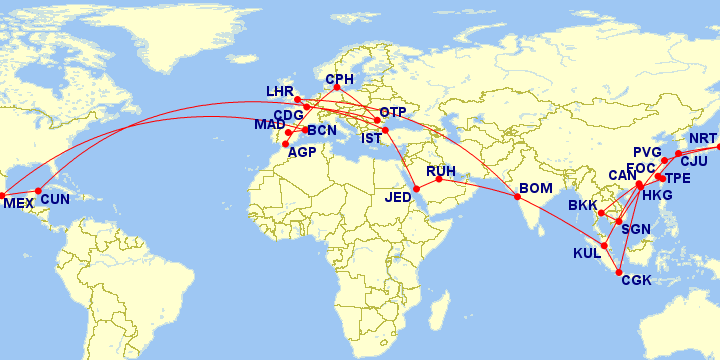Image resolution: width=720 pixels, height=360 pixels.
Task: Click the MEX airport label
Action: click(18, 203)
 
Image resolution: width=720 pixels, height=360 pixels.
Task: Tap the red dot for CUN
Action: click(38, 191)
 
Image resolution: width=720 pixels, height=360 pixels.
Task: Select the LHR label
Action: click(280, 91)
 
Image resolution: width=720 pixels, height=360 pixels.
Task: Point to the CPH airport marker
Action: click(337, 88)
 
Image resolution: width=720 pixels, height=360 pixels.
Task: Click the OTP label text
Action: click(393, 112)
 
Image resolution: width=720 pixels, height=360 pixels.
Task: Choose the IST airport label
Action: click(371, 137)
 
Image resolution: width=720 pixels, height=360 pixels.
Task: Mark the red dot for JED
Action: click(416, 189)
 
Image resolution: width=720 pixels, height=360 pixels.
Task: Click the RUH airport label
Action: click(441, 171)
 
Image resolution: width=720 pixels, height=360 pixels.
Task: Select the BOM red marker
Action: click(518, 196)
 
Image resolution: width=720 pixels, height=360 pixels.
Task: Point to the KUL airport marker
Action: click(604, 245)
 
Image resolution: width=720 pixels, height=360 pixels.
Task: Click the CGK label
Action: click(636, 280)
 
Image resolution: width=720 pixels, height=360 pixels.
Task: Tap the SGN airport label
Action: click(636, 229)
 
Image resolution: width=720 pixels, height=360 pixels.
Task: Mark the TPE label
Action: click(678, 178)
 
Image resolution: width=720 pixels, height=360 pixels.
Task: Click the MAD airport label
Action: click(269, 124)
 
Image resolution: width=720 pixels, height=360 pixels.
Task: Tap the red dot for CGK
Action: click(621, 273)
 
